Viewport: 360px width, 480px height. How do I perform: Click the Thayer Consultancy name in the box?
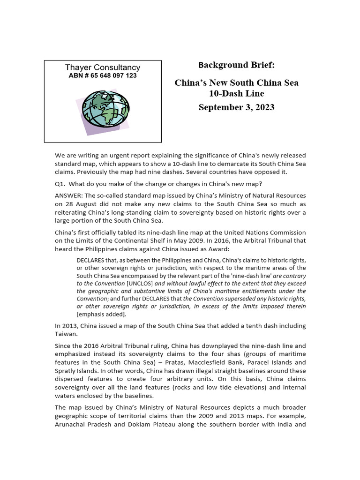tap(103, 67)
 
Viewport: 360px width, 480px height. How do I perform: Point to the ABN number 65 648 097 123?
tap(103, 76)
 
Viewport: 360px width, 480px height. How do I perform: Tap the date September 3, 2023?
tap(236, 107)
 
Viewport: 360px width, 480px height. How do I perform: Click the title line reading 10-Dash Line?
tap(236, 93)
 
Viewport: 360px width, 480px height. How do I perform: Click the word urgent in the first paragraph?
tap(109, 155)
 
